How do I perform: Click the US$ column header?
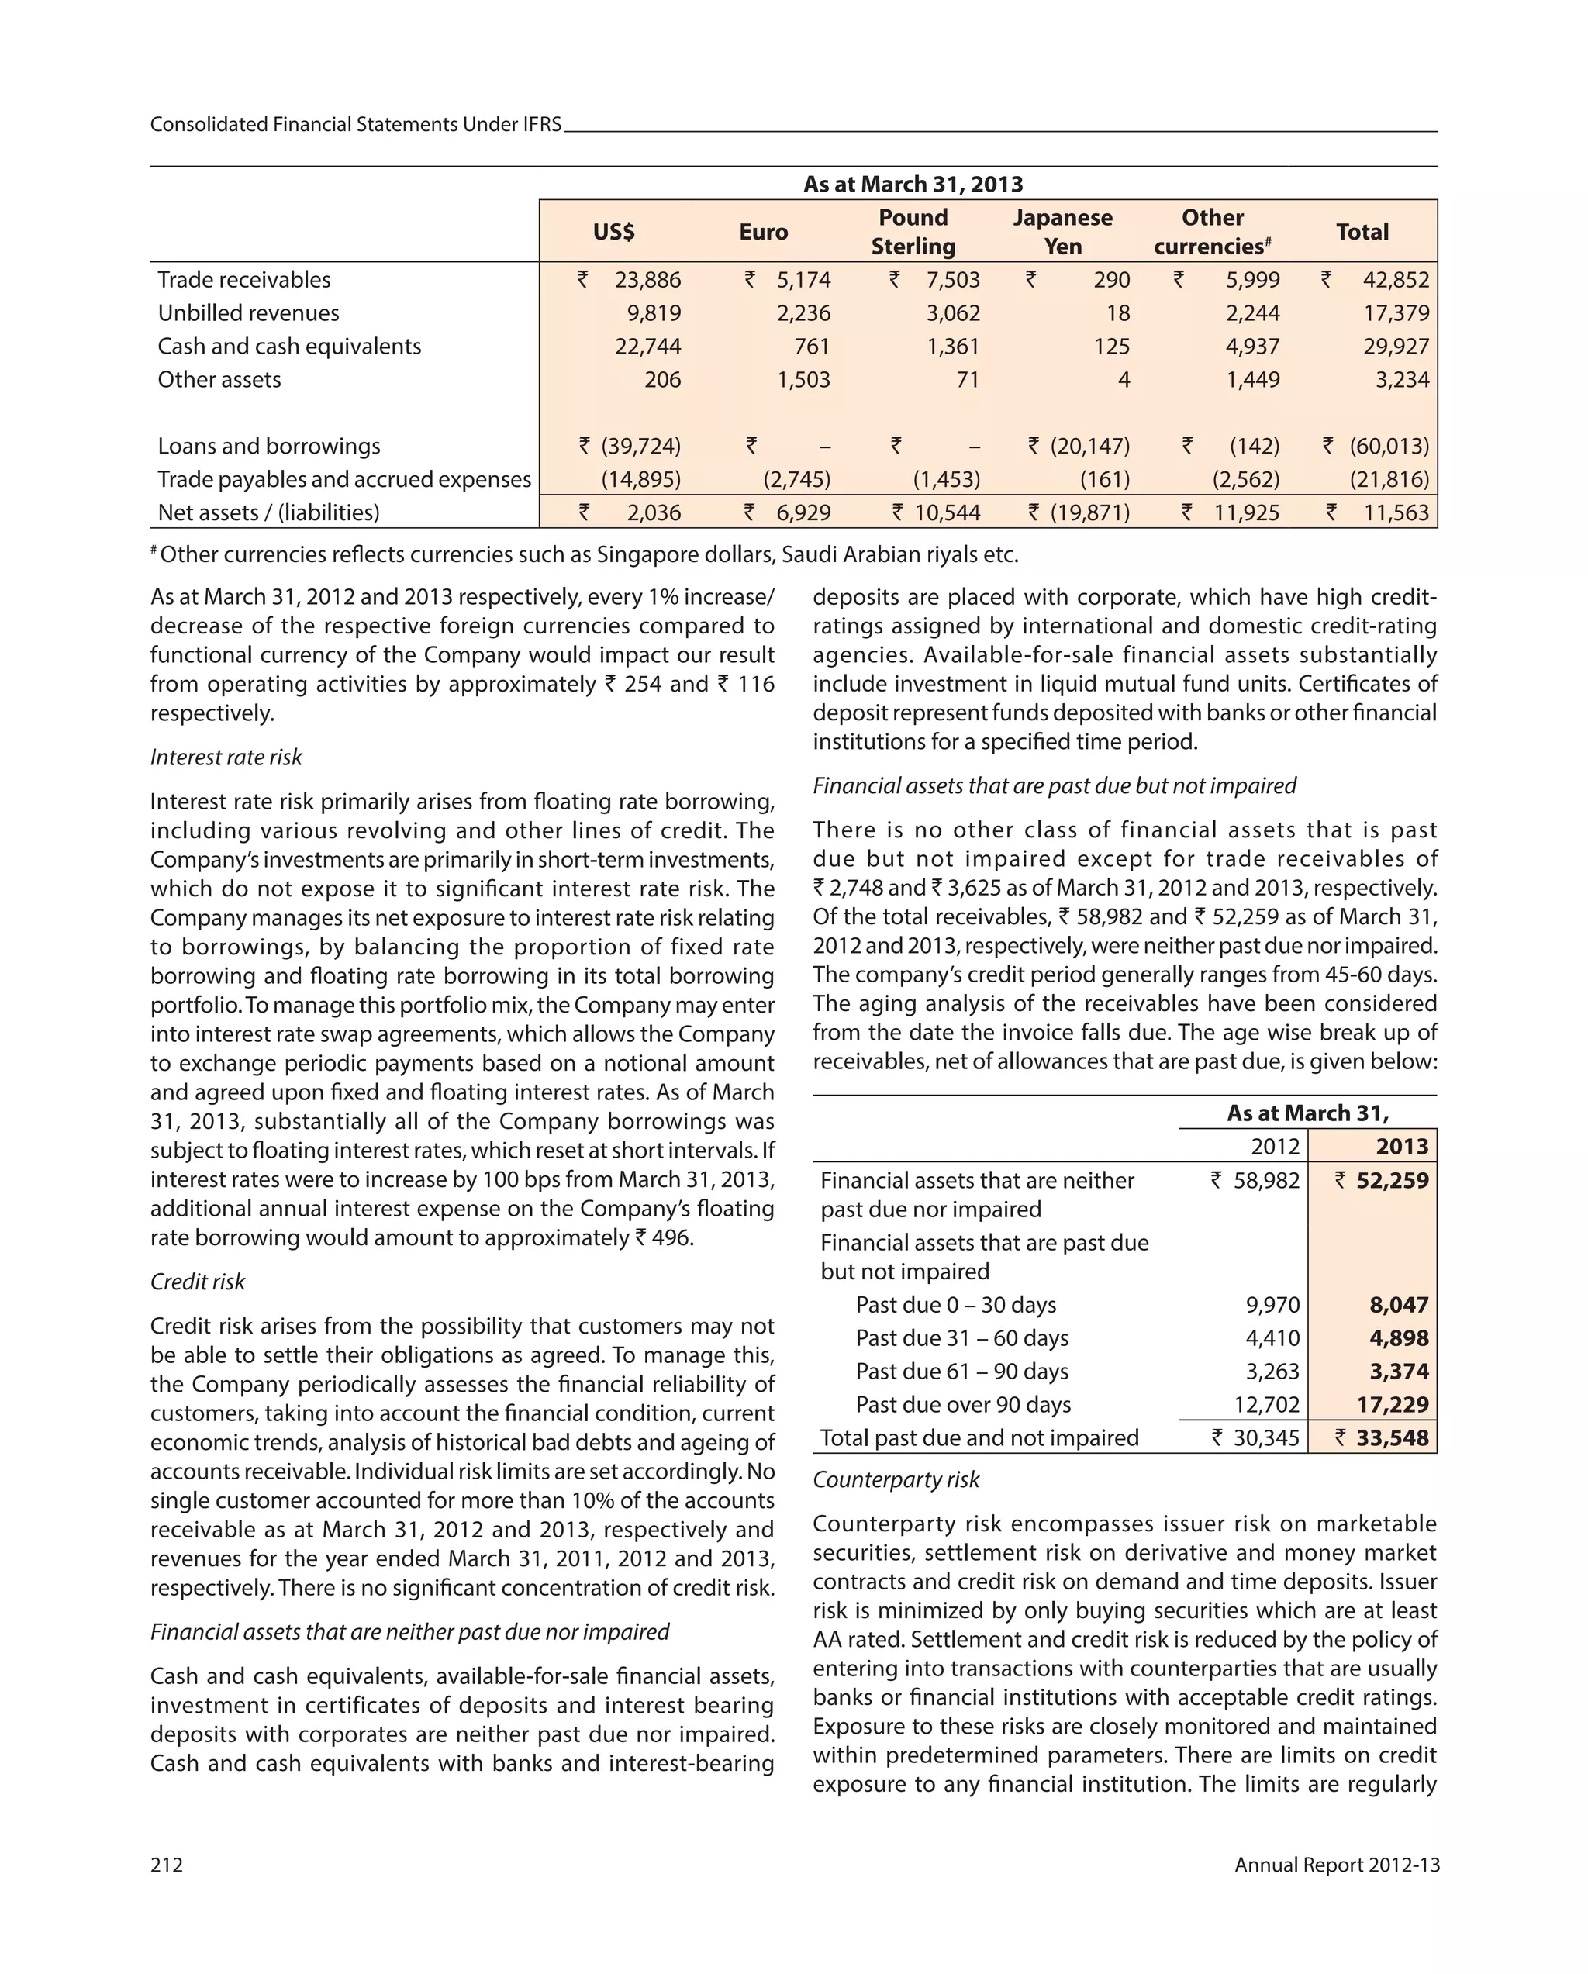613,232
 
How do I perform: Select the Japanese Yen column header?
1062,232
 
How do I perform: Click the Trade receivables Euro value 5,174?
803,279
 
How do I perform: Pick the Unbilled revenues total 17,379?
1395,313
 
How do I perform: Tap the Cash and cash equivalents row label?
289,346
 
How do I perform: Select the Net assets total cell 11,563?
1395,512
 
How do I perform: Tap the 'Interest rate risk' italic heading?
226,758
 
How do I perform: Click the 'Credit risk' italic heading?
197,1281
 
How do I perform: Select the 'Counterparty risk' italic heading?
895,1479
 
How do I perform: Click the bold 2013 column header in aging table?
1400,1146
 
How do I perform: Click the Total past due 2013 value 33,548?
1391,1437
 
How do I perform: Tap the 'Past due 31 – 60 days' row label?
961,1337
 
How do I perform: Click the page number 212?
167,1865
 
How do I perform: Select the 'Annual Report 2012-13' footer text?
1335,1865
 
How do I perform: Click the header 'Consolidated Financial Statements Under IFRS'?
355,125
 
